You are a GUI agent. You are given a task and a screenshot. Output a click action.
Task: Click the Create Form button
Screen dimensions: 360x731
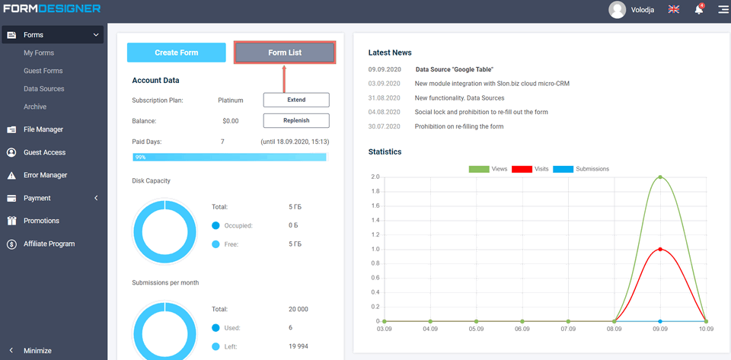tap(176, 53)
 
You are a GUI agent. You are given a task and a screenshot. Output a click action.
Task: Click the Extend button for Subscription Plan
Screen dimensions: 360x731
tap(296, 100)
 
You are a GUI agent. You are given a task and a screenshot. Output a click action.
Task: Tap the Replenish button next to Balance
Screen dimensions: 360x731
tap(296, 120)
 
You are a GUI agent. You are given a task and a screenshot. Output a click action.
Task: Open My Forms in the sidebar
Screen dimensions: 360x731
tap(39, 53)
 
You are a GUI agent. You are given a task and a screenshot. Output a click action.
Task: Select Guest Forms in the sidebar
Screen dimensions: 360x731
tap(43, 71)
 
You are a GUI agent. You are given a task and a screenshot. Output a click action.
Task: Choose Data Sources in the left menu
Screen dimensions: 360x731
tap(44, 89)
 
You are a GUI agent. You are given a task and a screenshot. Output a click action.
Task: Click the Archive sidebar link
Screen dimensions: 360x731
tap(35, 107)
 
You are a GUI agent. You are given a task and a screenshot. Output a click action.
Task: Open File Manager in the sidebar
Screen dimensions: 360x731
tap(43, 129)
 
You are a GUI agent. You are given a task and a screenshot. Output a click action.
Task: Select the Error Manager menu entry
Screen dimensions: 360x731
tap(45, 175)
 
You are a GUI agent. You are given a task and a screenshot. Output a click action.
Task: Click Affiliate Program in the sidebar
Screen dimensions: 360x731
tap(49, 244)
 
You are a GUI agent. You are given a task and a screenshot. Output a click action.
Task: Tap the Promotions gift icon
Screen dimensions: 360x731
tap(11, 221)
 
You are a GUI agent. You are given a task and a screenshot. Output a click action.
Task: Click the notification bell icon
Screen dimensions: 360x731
tap(698, 10)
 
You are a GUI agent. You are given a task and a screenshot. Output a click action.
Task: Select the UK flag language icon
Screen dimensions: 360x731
tap(674, 10)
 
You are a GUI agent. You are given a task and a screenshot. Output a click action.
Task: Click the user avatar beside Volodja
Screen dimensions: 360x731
tap(617, 10)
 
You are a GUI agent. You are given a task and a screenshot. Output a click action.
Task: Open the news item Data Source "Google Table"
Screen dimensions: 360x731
tap(454, 69)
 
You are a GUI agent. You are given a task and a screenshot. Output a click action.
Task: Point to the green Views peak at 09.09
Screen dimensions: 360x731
tap(660, 177)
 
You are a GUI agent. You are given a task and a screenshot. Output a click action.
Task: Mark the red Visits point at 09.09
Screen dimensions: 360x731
tap(660, 249)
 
